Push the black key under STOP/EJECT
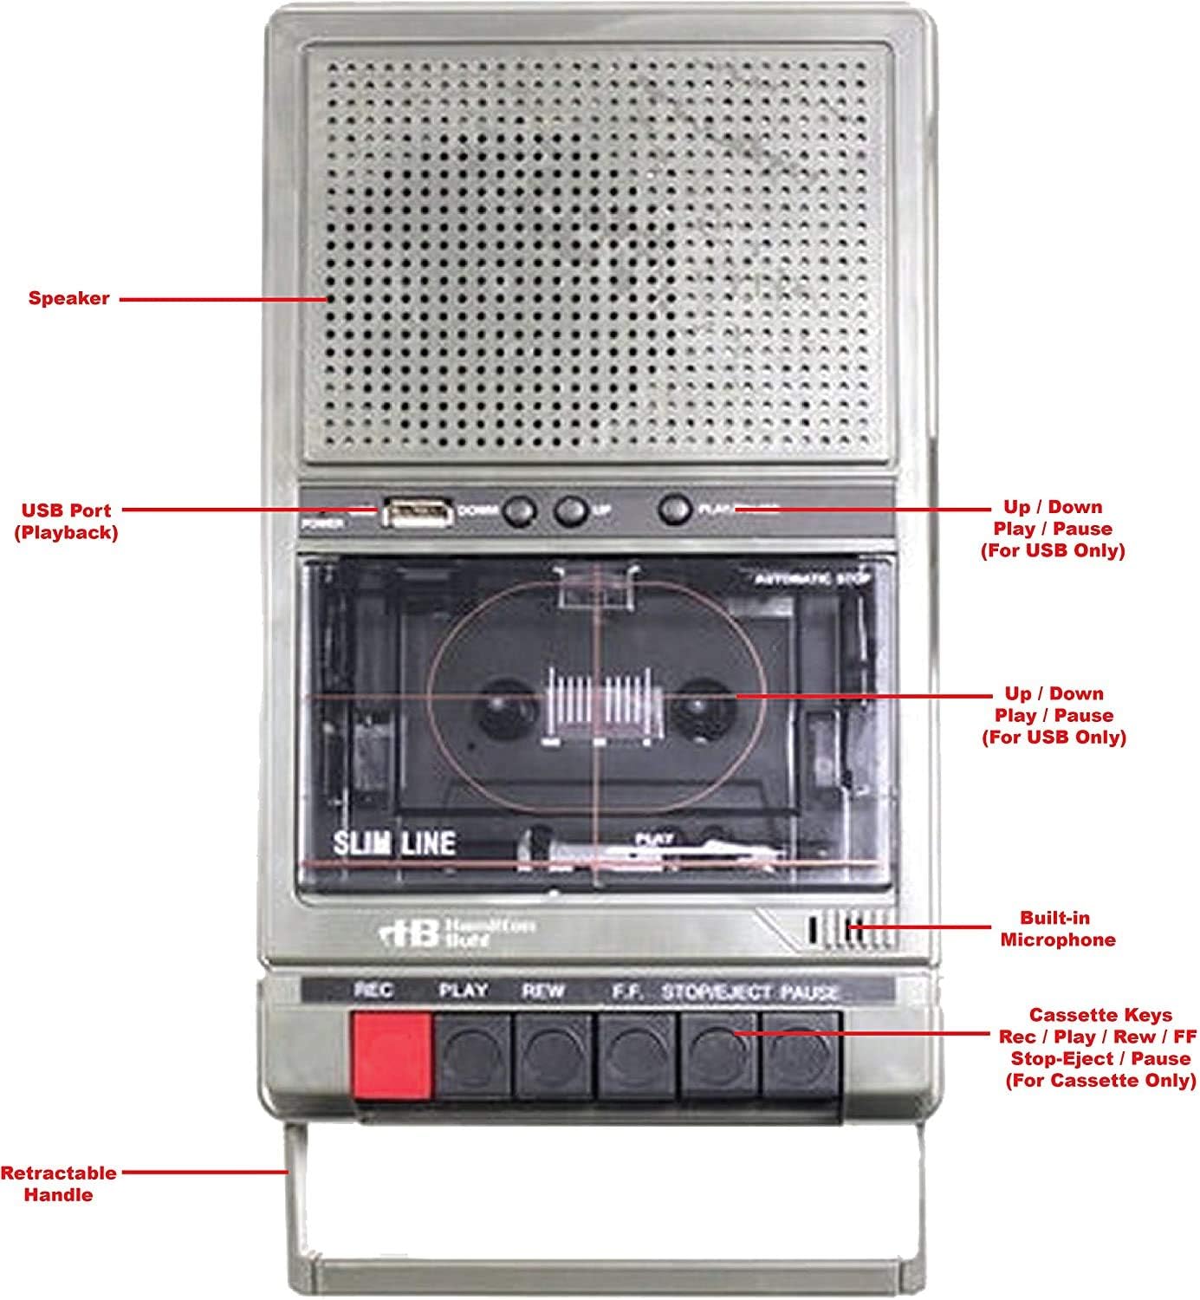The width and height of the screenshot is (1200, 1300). pyautogui.click(x=719, y=1054)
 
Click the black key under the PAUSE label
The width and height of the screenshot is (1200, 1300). pyautogui.click(x=801, y=1054)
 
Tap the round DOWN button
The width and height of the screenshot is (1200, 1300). pyautogui.click(x=518, y=511)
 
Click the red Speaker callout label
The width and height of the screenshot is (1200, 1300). pyautogui.click(x=68, y=299)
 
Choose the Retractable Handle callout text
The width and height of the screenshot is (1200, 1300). pyautogui.click(x=58, y=1184)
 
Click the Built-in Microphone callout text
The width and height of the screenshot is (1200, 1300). pyautogui.click(x=1056, y=928)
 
